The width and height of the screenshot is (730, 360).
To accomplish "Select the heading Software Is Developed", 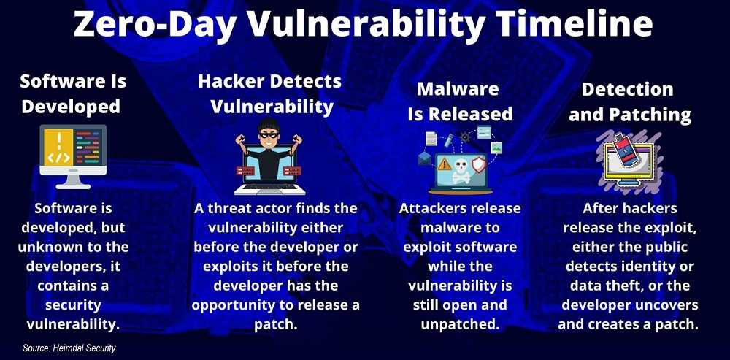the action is coord(73,94).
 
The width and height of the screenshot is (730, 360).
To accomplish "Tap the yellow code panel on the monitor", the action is coord(58,148).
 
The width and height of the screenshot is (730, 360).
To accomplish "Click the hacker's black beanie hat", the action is coord(269,126).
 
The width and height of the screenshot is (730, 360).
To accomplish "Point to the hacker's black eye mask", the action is coord(269,134).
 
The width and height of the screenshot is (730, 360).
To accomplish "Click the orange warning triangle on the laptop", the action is coord(444,164).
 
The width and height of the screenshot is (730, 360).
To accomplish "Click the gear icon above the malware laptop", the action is coord(464,137).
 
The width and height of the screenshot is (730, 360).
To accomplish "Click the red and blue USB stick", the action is coord(628,153).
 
